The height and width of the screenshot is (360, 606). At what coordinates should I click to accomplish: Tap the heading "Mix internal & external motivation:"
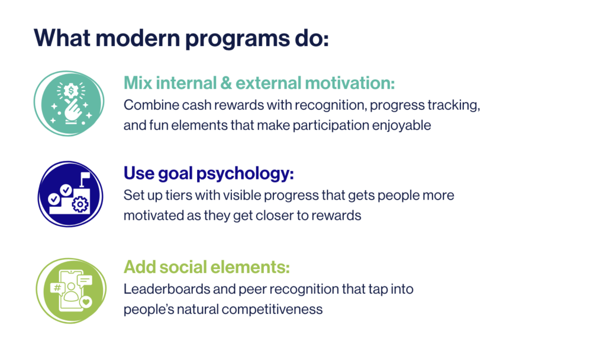pos(259,83)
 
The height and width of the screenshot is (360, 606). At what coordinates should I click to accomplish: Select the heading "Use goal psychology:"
pos(209,173)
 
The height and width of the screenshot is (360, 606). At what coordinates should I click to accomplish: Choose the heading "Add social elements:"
pos(207,267)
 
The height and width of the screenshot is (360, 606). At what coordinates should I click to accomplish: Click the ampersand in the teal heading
pos(226,83)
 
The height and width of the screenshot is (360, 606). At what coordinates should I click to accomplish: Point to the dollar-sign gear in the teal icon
pos(71,91)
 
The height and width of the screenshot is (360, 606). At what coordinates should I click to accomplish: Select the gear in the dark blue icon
pos(80,204)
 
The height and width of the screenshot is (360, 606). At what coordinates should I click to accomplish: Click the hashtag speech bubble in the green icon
pos(57,288)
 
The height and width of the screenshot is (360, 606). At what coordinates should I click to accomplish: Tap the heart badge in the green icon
pos(86,301)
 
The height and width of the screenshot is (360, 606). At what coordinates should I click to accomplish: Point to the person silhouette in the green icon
pos(71,292)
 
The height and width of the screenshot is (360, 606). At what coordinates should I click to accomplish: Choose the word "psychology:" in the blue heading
pos(245,174)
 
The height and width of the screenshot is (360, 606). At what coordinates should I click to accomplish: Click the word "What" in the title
pos(62,38)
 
